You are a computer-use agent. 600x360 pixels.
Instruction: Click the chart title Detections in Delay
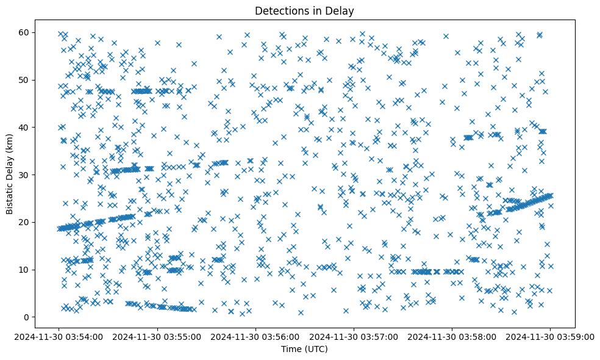coord(304,10)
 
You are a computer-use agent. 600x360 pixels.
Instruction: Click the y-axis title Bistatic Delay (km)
coord(10,174)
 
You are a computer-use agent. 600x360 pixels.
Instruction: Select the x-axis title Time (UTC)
coord(304,349)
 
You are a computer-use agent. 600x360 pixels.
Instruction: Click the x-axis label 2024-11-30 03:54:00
coord(60,336)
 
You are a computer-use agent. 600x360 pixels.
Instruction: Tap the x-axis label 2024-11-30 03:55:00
coord(158,336)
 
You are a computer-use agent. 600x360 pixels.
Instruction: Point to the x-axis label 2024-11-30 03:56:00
coord(256,336)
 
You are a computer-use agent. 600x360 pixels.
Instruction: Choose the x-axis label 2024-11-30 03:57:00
coord(354,336)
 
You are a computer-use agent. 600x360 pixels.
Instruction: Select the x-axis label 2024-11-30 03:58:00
coord(452,336)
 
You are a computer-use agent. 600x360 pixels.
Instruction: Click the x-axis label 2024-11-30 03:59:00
coord(551,336)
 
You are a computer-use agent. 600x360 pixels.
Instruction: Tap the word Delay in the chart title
coord(341,10)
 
